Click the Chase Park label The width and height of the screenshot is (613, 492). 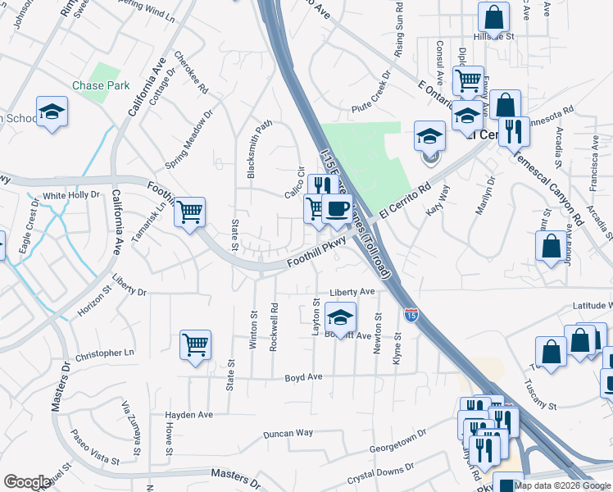point(100,85)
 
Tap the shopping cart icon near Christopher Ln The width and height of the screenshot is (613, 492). point(195,344)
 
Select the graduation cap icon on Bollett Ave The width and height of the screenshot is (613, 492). point(341,317)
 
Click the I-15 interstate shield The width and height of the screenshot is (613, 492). point(412,314)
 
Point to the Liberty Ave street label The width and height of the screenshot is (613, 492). point(352,292)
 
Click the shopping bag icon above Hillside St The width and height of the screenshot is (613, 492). point(494,15)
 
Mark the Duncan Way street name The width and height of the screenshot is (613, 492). point(288,433)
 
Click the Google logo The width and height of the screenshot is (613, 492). point(27,482)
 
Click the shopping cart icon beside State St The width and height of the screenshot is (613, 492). point(190,212)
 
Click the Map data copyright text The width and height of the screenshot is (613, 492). point(562,485)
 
